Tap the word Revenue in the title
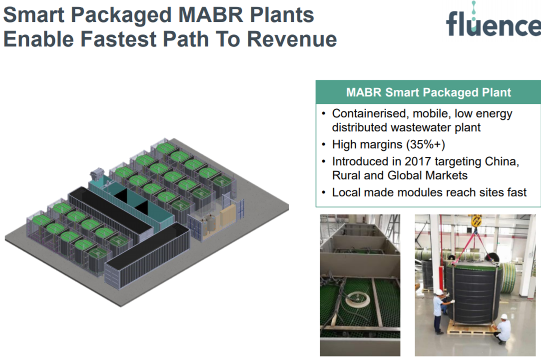point(292,39)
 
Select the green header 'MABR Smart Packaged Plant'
point(428,92)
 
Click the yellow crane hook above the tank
point(476,220)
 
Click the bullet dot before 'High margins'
point(323,145)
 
